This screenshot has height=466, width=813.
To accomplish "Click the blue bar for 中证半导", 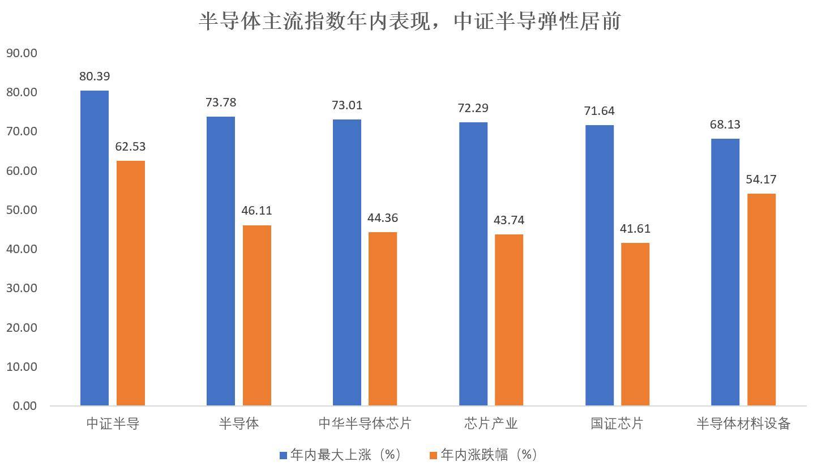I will pos(95,248).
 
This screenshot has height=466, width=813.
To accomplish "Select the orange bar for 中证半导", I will pos(131,283).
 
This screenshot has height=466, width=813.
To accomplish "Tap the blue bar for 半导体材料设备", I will pos(725,272).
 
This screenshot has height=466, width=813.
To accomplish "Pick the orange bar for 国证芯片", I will pos(635,324).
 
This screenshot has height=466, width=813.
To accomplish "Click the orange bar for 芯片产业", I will pos(509,320).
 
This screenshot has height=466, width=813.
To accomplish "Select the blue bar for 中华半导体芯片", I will pos(347,262).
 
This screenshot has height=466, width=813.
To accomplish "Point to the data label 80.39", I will pos(95,76).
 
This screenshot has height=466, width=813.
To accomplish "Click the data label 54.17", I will pos(761,179).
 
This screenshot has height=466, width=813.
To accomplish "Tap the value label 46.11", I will pos(256,211).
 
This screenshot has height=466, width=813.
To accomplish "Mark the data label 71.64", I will pos(599,111).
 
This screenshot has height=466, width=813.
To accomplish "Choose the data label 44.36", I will pos(382,218).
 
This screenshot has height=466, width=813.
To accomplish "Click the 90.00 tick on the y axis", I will pos(22,53).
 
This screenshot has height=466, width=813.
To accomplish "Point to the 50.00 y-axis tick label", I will pos(22,210).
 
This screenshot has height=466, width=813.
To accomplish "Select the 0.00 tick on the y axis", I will pos(24,406).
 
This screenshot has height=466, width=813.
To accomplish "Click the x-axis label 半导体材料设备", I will pos(743,424).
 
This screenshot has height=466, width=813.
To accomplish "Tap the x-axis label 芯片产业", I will pos(491,424).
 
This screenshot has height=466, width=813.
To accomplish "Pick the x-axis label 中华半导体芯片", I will pos(365,424).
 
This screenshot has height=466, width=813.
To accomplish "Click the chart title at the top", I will pos(410,22).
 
